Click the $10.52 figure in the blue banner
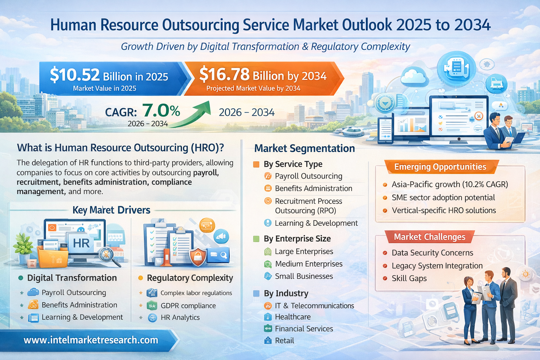click(75, 75)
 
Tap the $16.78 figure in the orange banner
click(224, 75)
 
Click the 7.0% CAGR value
click(161, 111)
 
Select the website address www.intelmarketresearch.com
click(91, 340)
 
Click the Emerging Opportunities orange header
click(440, 167)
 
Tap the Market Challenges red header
click(429, 237)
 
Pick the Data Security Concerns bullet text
click(432, 253)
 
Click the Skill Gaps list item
click(409, 278)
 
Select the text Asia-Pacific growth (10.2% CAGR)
click(450, 185)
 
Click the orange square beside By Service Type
click(256, 164)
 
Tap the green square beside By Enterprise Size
click(256, 239)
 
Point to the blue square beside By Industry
click(256, 294)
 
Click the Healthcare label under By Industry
click(292, 317)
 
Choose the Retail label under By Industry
click(284, 341)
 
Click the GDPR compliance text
click(188, 306)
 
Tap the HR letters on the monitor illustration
click(81, 243)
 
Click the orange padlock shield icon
click(198, 257)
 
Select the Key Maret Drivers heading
click(111, 210)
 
